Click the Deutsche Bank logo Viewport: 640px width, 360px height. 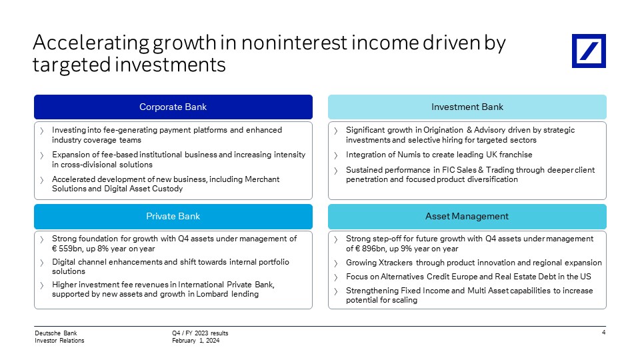point(589,51)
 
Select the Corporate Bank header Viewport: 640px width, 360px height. point(173,107)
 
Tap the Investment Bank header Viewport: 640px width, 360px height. point(467,107)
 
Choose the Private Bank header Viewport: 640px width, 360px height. point(173,216)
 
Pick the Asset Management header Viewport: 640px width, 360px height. point(467,216)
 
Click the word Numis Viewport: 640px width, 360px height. point(409,155)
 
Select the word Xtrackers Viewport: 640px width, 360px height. point(395,263)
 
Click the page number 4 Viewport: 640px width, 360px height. point(604,332)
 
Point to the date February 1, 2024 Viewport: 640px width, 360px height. point(195,341)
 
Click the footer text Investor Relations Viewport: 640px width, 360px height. point(59,341)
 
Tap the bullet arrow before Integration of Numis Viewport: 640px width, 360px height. point(336,155)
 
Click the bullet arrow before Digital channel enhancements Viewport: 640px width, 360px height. point(42,263)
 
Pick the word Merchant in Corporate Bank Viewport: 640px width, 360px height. point(262,179)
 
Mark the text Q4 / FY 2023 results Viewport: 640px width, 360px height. point(200,333)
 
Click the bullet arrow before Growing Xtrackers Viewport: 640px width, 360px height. point(336,263)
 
